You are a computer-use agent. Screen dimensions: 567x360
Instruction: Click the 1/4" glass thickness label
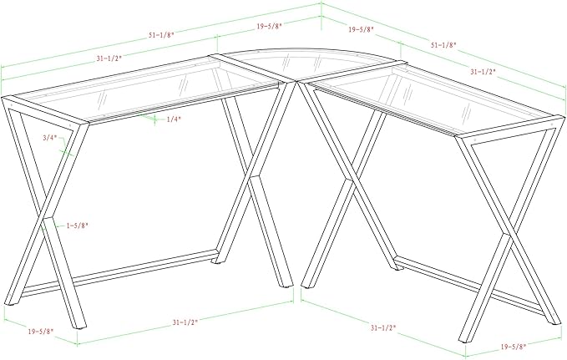(x=174, y=119)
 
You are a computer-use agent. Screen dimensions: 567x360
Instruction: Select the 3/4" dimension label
(x=50, y=138)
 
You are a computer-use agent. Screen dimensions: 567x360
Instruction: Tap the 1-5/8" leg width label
(x=77, y=226)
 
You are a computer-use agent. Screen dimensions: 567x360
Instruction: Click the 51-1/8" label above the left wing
(x=161, y=35)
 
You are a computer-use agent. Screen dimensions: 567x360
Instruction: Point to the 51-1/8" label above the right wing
(x=443, y=45)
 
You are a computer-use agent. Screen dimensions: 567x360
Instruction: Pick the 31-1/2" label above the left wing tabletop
(x=109, y=58)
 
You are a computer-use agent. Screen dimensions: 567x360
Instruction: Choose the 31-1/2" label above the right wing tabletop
(x=483, y=72)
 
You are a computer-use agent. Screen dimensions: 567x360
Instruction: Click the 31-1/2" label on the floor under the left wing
(x=185, y=322)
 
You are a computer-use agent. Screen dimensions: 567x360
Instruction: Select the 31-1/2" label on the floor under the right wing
(x=383, y=327)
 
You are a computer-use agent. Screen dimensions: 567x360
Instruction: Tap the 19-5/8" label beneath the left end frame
(x=41, y=331)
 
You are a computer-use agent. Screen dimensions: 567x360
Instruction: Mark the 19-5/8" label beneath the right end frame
(x=514, y=347)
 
